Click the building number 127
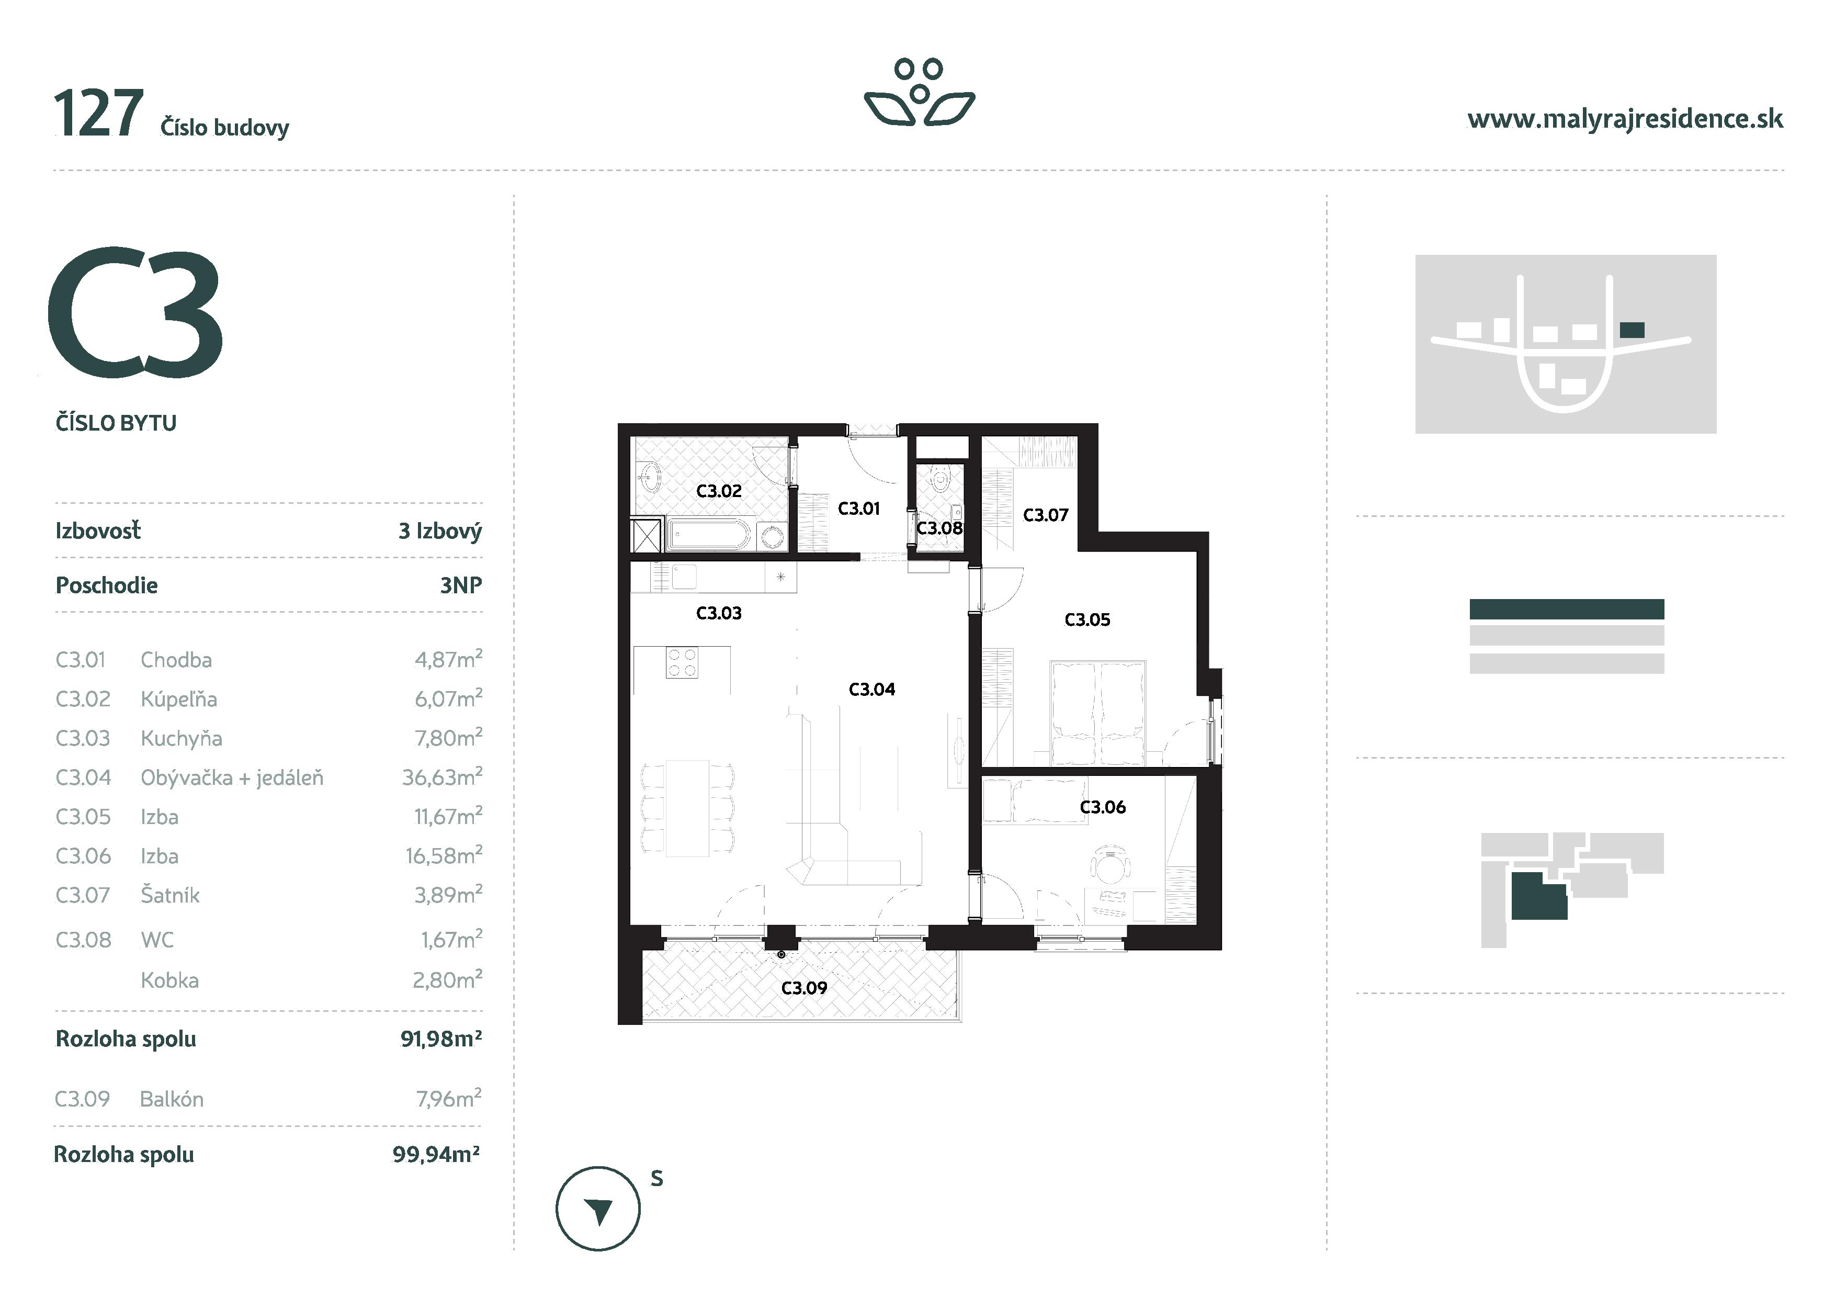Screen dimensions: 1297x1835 click(x=98, y=114)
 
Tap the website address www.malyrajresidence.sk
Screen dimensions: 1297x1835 click(x=1625, y=119)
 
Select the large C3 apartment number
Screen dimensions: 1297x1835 click(x=135, y=312)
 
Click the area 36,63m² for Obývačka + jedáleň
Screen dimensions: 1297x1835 click(x=441, y=777)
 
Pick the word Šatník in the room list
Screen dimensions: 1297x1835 click(x=169, y=895)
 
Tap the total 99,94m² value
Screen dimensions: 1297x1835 click(x=436, y=1154)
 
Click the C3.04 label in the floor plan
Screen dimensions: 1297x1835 click(x=871, y=689)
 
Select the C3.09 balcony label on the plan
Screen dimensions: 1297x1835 click(x=803, y=988)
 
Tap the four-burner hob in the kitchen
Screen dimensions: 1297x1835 click(x=682, y=662)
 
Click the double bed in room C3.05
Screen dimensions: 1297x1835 click(x=1098, y=710)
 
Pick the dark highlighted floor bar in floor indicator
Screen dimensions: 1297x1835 click(x=1567, y=609)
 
